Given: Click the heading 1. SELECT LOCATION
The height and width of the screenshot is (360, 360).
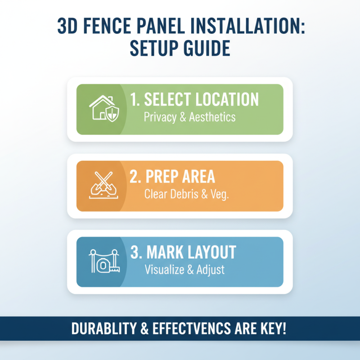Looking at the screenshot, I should (x=194, y=100).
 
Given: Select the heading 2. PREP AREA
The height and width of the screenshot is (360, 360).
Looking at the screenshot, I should (x=172, y=177).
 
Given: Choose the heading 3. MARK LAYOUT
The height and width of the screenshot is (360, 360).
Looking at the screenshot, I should (x=183, y=252).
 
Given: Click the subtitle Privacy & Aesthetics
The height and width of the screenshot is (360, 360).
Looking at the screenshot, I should (x=189, y=117).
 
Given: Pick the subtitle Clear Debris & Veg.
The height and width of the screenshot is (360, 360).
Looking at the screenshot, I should (x=187, y=195).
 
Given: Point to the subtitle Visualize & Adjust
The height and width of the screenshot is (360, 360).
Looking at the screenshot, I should (x=184, y=270).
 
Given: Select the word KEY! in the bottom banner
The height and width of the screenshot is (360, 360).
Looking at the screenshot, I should (x=271, y=328).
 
